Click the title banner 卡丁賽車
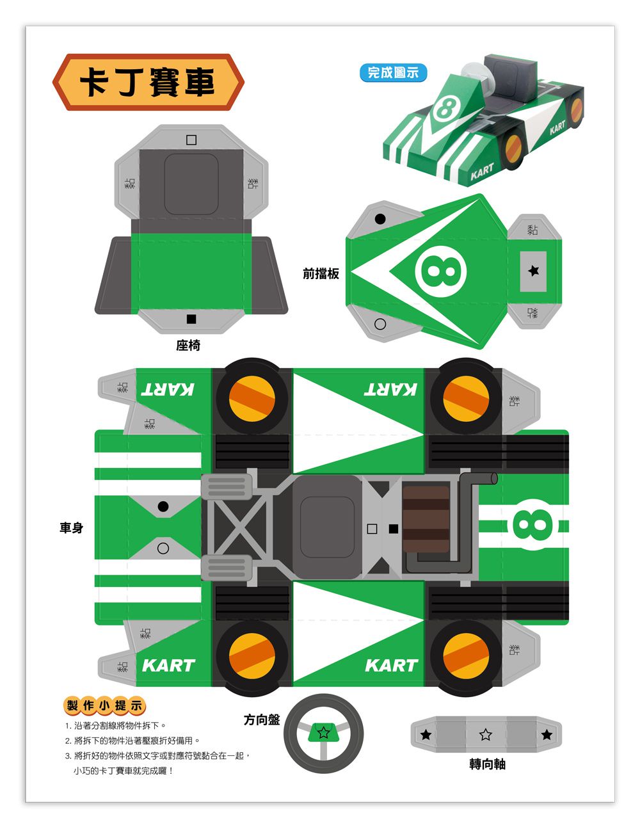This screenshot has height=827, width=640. tap(148, 82)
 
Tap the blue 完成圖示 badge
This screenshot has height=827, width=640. tap(393, 73)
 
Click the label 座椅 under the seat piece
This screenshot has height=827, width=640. tap(188, 345)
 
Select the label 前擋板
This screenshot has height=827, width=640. tap(321, 273)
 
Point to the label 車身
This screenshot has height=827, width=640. tap(71, 527)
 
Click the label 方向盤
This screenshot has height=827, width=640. tap(262, 719)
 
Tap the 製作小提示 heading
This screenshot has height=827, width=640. tap(104, 705)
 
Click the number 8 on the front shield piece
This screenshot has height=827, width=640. tap(441, 272)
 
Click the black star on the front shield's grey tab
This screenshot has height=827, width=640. tap(534, 271)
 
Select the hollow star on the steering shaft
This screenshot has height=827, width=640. tap(486, 735)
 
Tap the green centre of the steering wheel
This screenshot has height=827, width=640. tap(323, 732)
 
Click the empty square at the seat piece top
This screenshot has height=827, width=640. tap(191, 140)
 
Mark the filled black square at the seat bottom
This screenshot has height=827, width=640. tap(191, 319)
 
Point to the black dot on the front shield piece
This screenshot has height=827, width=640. tap(380, 219)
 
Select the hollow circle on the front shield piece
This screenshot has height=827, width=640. tap(380, 324)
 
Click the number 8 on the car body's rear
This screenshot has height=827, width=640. tap(532, 525)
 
